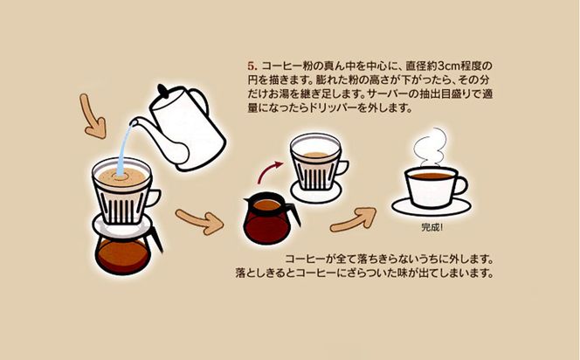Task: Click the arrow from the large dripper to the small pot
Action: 197,221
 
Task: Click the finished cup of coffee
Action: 431,186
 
